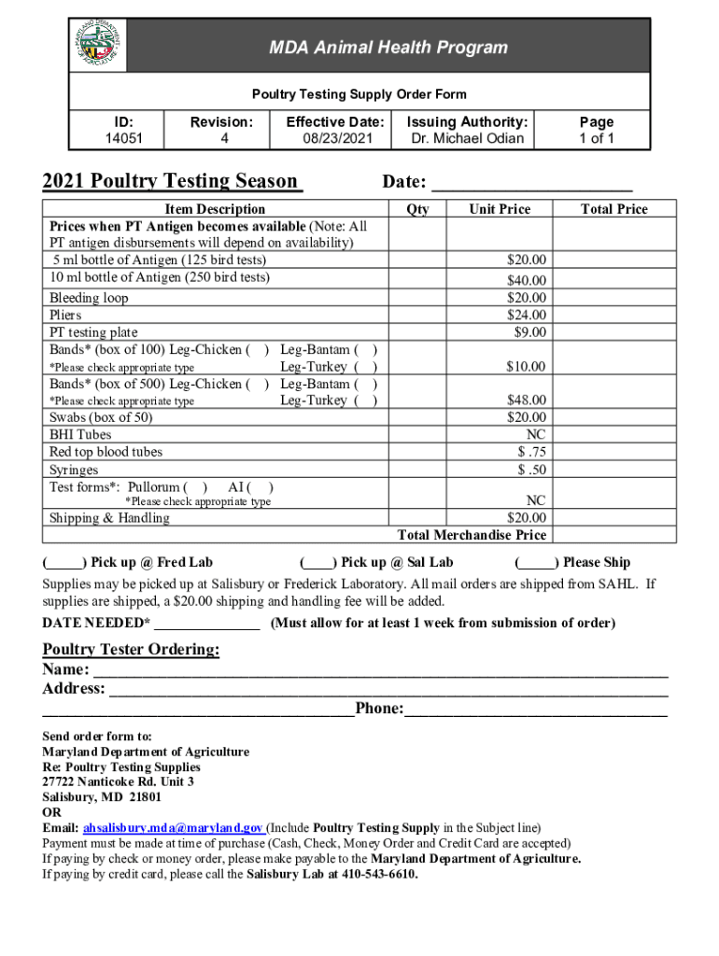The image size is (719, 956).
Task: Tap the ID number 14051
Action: coord(118,139)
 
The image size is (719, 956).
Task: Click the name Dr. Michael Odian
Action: coord(468,139)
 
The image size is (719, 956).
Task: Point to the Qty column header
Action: coord(418,209)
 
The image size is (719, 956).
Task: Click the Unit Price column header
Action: coord(500,209)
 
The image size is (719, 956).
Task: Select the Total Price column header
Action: coord(613,209)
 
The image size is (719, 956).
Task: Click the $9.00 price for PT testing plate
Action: coord(530,332)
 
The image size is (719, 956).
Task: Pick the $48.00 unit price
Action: coord(527,401)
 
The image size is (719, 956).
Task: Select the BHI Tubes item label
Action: coord(80,435)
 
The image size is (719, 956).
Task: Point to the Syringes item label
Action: coord(74,470)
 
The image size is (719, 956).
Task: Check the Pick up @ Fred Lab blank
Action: coord(64,563)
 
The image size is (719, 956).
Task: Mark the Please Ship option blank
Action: coord(537,563)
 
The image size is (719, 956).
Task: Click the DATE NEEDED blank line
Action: coord(207,624)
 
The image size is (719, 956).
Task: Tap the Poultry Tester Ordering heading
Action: coord(132,650)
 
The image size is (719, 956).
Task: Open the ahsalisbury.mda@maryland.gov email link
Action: coord(173,828)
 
